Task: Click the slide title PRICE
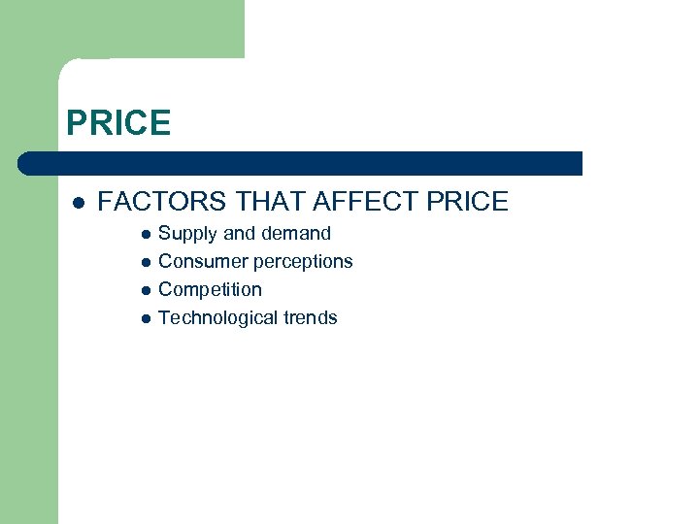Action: pyautogui.click(x=118, y=123)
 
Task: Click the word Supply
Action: pyautogui.click(x=188, y=234)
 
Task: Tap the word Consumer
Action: pyautogui.click(x=203, y=261)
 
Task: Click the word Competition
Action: pyautogui.click(x=210, y=289)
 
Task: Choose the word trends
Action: pyautogui.click(x=311, y=317)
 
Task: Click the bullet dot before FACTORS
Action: pyautogui.click(x=79, y=203)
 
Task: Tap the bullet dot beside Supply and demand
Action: pyautogui.click(x=145, y=234)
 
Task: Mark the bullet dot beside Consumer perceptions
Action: pyautogui.click(x=145, y=262)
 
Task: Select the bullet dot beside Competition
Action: pyautogui.click(x=145, y=290)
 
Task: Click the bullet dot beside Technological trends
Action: pyautogui.click(x=145, y=318)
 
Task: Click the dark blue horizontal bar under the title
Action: pyautogui.click(x=301, y=163)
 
